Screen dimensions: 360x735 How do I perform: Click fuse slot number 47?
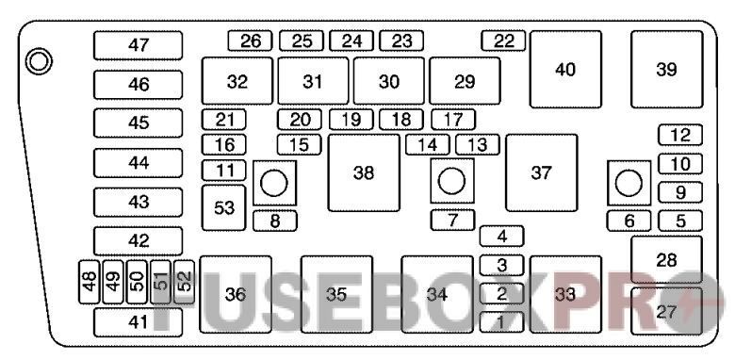pyautogui.click(x=138, y=45)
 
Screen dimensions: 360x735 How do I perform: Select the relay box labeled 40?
pyautogui.click(x=565, y=70)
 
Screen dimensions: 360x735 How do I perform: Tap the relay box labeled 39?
pyautogui.click(x=666, y=70)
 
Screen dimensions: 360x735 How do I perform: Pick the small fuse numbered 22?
pyautogui.click(x=503, y=41)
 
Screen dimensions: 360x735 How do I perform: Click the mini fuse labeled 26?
pyautogui.click(x=250, y=41)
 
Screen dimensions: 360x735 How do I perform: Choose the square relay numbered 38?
pyautogui.click(x=363, y=172)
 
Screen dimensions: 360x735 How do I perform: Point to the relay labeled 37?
pyautogui.click(x=541, y=172)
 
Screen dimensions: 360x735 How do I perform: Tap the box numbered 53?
pyautogui.click(x=224, y=207)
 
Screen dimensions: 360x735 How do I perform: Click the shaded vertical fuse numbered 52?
pyautogui.click(x=185, y=281)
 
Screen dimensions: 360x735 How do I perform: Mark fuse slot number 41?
pyautogui.click(x=138, y=322)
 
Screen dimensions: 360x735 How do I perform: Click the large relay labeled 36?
pyautogui.click(x=236, y=295)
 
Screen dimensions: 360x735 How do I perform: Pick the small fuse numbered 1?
pyautogui.click(x=501, y=322)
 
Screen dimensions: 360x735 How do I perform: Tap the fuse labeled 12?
pyautogui.click(x=680, y=135)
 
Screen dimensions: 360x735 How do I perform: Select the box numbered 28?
pyautogui.click(x=666, y=259)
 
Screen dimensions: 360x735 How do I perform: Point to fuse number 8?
pyautogui.click(x=274, y=221)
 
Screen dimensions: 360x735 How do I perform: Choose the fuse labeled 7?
pyautogui.click(x=452, y=221)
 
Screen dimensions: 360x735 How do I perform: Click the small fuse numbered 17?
pyautogui.click(x=452, y=120)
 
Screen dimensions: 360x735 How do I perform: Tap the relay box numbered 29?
pyautogui.click(x=465, y=81)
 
